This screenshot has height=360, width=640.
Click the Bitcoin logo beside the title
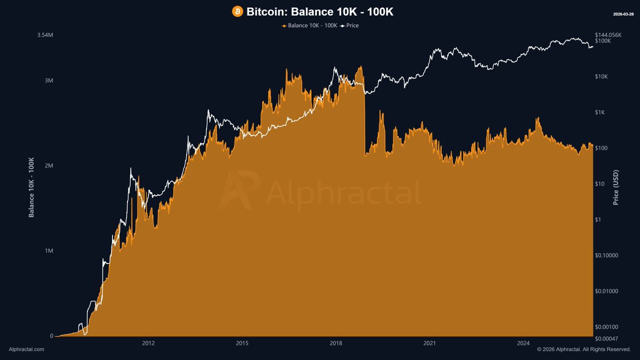coord(237,11)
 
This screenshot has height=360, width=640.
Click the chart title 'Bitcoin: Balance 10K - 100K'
coord(319,11)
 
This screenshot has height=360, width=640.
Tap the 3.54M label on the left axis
coord(45,35)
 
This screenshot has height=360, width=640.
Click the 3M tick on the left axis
coord(48,81)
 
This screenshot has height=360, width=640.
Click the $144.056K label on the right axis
coord(609,35)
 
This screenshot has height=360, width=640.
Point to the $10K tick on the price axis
coord(602,77)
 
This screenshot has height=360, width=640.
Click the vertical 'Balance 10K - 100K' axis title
coord(31,187)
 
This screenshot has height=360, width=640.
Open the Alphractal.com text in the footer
coord(27,349)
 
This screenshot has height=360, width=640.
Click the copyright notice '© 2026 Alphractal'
coord(584,349)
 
